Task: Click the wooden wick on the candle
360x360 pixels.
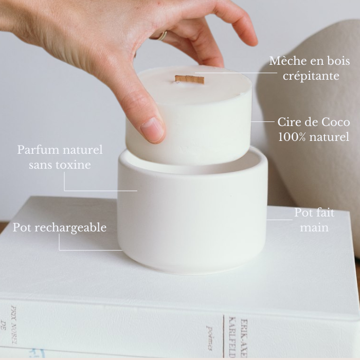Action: point(189,79)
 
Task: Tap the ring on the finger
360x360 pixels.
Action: point(163,35)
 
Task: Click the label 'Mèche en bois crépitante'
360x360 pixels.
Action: point(310,68)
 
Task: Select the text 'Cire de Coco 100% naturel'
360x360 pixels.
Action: point(314,130)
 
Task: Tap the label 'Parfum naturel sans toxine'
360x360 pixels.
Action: point(60,157)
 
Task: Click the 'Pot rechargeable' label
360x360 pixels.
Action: point(60,227)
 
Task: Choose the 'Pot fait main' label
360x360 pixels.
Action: point(314,220)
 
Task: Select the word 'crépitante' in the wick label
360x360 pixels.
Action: point(311,76)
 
